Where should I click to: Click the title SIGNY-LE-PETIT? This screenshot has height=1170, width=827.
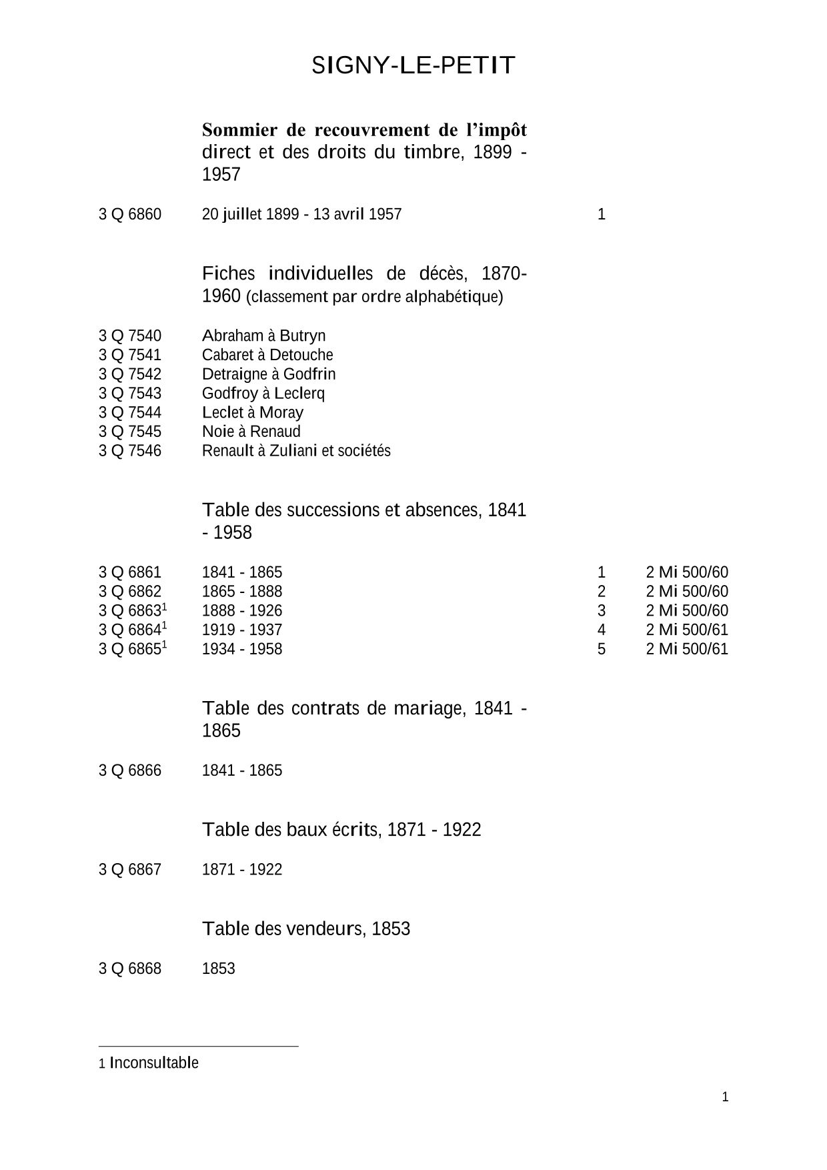414,65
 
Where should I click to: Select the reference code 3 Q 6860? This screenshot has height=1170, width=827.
130,214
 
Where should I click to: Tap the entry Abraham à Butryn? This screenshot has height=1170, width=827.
263,336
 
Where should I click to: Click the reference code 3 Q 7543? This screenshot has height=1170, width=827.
130,393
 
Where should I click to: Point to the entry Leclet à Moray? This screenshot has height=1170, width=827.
252,412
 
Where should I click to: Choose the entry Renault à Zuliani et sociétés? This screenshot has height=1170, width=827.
296,451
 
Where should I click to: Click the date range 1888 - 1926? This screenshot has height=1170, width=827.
242,610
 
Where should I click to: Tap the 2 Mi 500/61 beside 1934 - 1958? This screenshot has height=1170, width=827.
687,649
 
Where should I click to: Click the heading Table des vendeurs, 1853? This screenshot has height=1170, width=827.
306,929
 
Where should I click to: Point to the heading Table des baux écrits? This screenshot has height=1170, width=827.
341,830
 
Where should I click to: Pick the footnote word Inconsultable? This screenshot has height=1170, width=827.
154,1063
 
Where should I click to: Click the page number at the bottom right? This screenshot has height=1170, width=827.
726,1097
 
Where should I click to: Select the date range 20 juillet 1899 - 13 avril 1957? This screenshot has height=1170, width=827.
301,214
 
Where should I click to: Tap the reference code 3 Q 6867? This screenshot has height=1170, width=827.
130,869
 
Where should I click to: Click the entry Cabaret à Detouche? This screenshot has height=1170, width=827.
267,355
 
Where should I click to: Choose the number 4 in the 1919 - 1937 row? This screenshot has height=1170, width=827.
602,630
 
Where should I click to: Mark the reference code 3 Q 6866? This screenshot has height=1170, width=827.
130,770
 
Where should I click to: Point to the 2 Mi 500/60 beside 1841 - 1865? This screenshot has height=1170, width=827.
687,572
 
